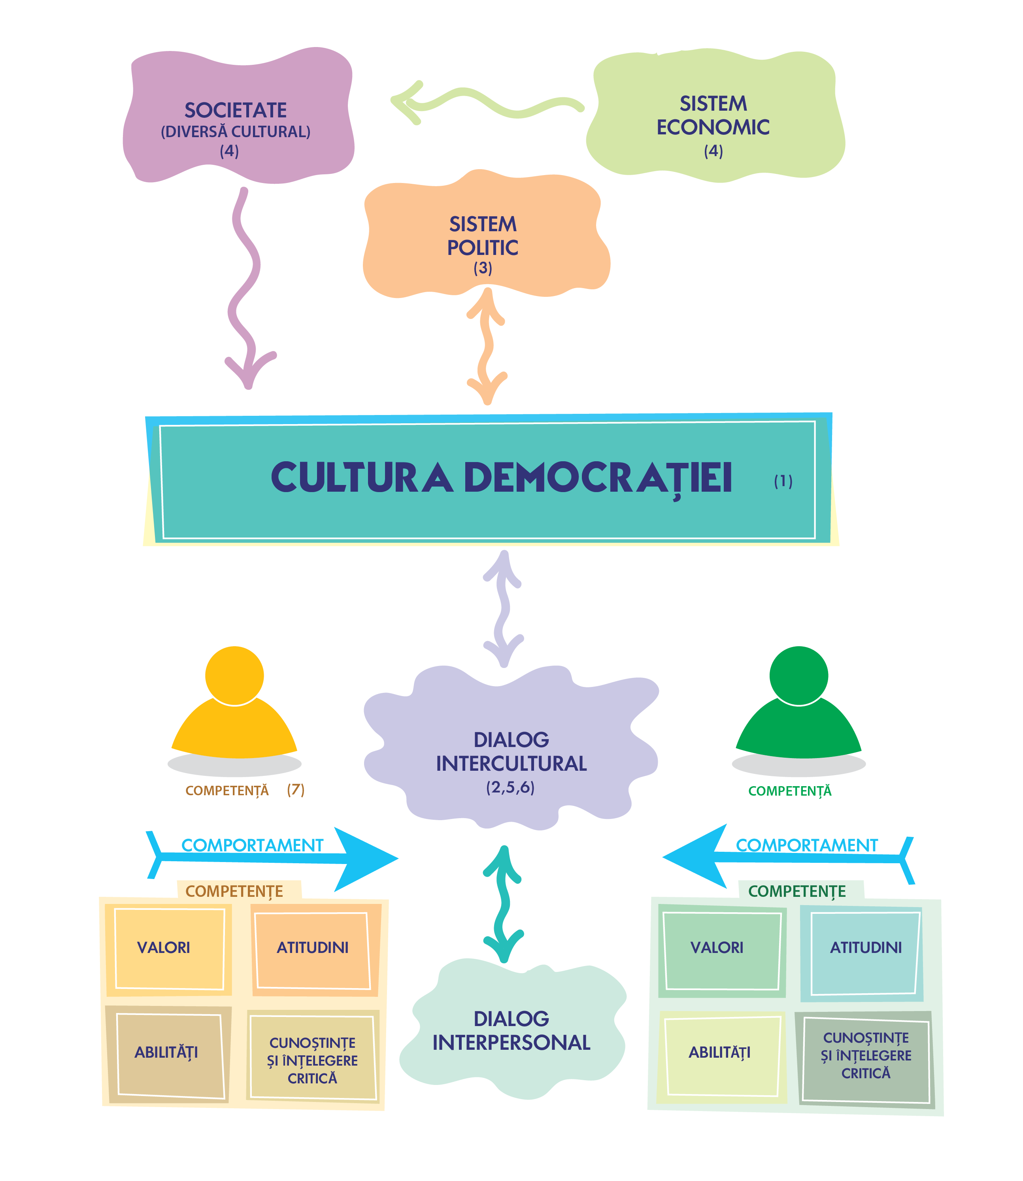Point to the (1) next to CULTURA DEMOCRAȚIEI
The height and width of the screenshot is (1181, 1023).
point(783,481)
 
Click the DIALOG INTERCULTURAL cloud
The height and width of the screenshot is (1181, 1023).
point(511,753)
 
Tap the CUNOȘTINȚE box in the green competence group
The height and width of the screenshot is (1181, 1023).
point(865,1056)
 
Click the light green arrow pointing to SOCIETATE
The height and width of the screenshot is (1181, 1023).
point(485,103)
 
